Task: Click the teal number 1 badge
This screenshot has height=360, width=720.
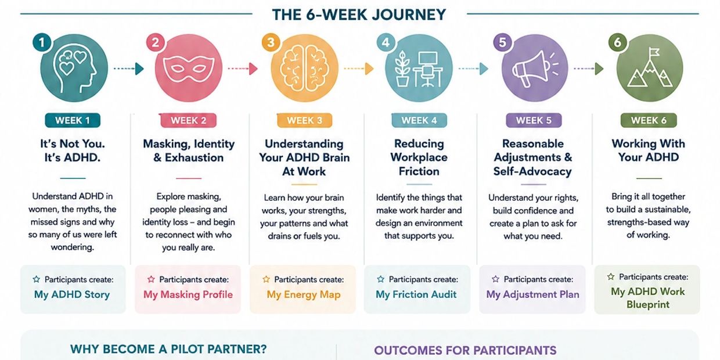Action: pos(42,42)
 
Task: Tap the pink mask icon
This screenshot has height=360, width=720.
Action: pos(189,69)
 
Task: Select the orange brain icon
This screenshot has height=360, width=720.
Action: pos(304,69)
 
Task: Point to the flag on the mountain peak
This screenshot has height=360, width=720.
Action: pos(653,52)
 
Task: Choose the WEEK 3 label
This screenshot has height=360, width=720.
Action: pos(304,121)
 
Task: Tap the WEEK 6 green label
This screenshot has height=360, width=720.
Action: pos(649,121)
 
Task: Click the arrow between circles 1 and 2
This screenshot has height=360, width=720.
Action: pos(128,69)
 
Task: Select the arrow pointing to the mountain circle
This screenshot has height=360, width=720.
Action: pos(589,69)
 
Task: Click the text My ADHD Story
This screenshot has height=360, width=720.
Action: pos(72,294)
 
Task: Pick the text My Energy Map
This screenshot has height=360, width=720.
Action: pos(304,294)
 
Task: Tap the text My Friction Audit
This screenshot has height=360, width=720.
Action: pos(416,294)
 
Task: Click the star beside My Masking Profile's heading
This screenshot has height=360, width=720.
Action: pos(151,279)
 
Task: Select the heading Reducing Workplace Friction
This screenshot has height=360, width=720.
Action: pos(419,157)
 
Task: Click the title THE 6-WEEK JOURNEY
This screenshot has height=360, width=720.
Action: pos(359,15)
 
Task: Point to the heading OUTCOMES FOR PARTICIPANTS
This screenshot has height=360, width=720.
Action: pos(465,350)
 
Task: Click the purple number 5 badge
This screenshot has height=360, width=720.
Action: pos(502,42)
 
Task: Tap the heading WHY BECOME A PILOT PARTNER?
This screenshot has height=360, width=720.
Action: pos(168,349)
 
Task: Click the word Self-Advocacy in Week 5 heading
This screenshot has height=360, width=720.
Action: pos(532,171)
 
